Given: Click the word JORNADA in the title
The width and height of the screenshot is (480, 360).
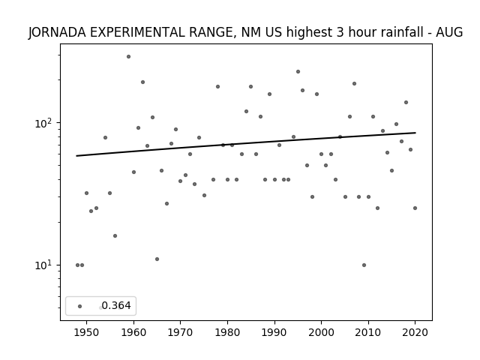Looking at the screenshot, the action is pyautogui.click(x=57, y=32).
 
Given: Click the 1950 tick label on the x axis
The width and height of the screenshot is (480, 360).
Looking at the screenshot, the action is pyautogui.click(x=87, y=332).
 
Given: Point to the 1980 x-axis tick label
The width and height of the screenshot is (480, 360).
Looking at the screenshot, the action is pyautogui.click(x=227, y=332).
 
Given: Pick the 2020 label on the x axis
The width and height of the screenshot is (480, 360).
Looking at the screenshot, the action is pyautogui.click(x=415, y=332).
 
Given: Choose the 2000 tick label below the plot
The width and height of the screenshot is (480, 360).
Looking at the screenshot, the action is pyautogui.click(x=321, y=332).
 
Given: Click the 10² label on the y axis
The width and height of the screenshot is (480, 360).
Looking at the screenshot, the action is pyautogui.click(x=45, y=123).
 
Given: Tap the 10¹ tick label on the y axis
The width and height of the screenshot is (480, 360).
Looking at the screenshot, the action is pyautogui.click(x=45, y=265).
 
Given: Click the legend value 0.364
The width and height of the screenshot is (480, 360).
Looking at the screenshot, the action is pyautogui.click(x=116, y=305).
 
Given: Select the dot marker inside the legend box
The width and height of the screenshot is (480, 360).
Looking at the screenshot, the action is pyautogui.click(x=80, y=307).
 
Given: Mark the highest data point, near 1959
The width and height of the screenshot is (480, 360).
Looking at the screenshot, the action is pyautogui.click(x=128, y=57).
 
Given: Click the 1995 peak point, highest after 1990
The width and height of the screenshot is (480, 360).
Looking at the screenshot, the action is pyautogui.click(x=298, y=72).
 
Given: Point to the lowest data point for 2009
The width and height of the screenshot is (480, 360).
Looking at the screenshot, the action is pyautogui.click(x=364, y=265).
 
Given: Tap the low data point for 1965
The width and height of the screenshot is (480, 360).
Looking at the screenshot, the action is pyautogui.click(x=157, y=259).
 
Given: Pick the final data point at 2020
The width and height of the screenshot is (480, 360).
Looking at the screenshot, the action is pyautogui.click(x=415, y=208).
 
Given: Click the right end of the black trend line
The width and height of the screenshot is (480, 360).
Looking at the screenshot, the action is pyautogui.click(x=415, y=133).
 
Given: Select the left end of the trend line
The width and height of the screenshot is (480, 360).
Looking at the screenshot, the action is pyautogui.click(x=76, y=156).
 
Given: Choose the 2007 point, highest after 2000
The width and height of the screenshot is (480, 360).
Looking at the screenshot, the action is pyautogui.click(x=354, y=83).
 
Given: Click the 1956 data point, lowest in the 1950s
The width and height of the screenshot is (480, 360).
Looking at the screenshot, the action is pyautogui.click(x=115, y=235).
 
